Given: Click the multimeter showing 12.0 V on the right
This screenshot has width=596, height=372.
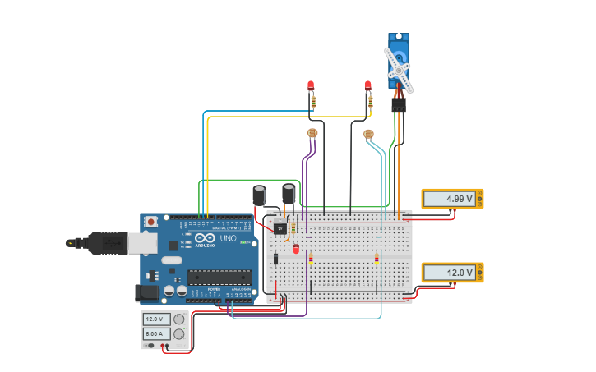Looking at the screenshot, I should tap(452, 273).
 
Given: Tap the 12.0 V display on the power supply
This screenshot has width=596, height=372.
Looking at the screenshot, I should tap(156, 319).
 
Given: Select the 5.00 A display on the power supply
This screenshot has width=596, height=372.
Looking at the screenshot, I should tap(156, 334).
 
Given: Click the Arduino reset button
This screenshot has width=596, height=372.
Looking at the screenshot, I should tap(150, 222).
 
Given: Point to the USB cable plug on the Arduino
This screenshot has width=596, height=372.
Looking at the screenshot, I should tap(107, 242).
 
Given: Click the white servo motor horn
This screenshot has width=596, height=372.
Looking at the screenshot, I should tap(399, 71).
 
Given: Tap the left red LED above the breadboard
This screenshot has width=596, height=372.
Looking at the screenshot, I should tap(311, 85).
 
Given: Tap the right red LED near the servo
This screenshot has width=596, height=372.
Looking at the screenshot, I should tap(367, 85).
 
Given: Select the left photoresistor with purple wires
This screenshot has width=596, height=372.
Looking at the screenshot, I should tap(312, 132).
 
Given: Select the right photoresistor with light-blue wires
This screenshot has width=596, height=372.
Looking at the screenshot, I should tap(368, 133).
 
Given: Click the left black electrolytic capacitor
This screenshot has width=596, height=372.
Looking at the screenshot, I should tap(259, 195).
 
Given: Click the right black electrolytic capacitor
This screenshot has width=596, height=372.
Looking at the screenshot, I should tap(289, 193).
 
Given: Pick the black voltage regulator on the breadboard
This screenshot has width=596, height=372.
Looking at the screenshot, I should tap(280, 228).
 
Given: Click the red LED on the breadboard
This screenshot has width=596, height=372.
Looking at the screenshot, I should tap(296, 248).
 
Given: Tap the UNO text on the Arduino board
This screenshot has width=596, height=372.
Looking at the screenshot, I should tap(228, 238).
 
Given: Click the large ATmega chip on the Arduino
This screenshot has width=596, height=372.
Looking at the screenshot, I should tap(219, 277).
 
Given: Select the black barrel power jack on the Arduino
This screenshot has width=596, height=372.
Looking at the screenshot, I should tap(147, 292).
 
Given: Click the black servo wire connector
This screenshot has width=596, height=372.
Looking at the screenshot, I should tap(399, 105).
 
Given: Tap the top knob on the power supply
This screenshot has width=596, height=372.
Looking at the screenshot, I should tap(178, 319).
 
